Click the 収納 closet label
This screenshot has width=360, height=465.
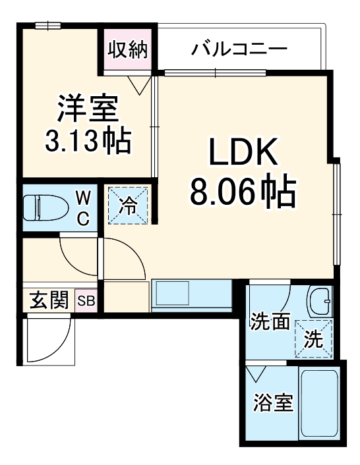[129, 50]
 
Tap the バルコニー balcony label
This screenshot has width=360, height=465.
[239, 50]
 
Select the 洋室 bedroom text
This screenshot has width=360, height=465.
[86, 109]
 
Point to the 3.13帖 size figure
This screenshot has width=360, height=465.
[86, 140]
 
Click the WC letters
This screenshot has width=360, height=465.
[83, 208]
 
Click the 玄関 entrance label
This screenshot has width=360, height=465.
[49, 302]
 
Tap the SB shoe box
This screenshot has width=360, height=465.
[86, 302]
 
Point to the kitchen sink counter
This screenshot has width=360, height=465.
[191, 294]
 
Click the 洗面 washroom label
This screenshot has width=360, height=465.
[270, 323]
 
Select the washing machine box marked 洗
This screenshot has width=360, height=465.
[313, 338]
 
